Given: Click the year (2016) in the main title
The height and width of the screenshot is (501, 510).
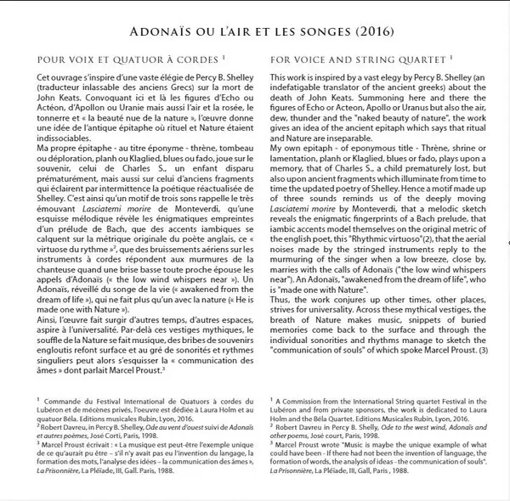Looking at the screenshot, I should [371, 33].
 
